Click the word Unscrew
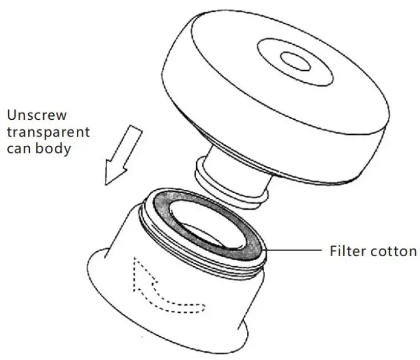coord(37,115)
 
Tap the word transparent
coord(48,133)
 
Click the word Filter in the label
coord(347,251)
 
